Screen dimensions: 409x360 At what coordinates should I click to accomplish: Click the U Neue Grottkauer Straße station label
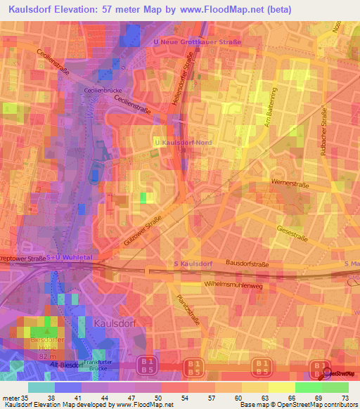[x=197, y=42]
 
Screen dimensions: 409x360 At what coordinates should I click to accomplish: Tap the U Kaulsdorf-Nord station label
[x=183, y=142]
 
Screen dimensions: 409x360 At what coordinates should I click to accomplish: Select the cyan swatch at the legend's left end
[x=41, y=387]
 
